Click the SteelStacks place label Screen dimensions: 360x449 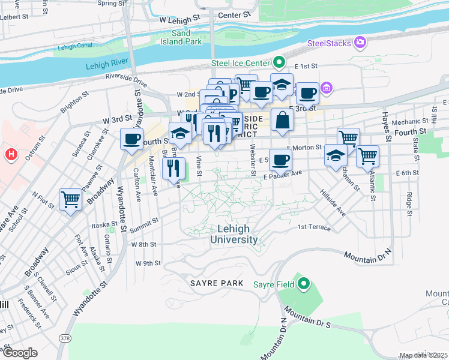(x=330, y=43)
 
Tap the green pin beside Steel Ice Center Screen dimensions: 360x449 (x=279, y=62)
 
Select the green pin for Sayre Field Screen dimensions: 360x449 (x=304, y=283)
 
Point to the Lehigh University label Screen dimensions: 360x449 (x=234, y=234)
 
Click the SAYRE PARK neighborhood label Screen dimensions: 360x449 (x=217, y=283)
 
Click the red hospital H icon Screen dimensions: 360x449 (x=10, y=155)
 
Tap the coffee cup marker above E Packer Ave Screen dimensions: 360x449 (x=280, y=160)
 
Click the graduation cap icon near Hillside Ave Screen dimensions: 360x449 (x=336, y=156)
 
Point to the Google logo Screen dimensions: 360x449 (x=20, y=353)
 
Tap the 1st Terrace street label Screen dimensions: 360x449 (x=314, y=227)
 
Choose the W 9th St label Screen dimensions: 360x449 (x=148, y=263)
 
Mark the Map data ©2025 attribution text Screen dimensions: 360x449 (x=424, y=355)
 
